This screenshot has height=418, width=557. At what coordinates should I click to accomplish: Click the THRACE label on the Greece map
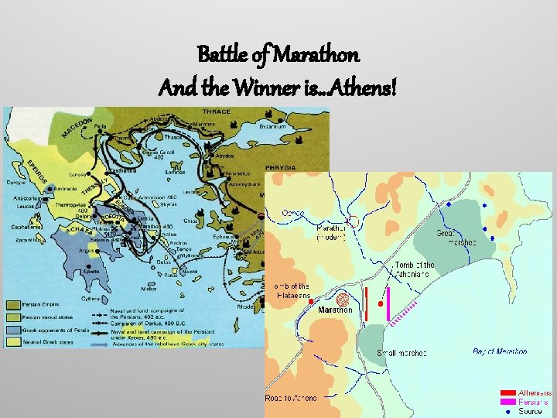coord(216,111)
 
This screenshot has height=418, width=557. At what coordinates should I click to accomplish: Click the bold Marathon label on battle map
coord(336,310)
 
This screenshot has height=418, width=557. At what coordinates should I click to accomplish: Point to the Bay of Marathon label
coord(500,351)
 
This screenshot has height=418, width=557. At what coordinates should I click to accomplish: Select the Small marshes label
coord(401,353)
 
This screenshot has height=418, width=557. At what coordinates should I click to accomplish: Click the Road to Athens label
coord(290,398)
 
